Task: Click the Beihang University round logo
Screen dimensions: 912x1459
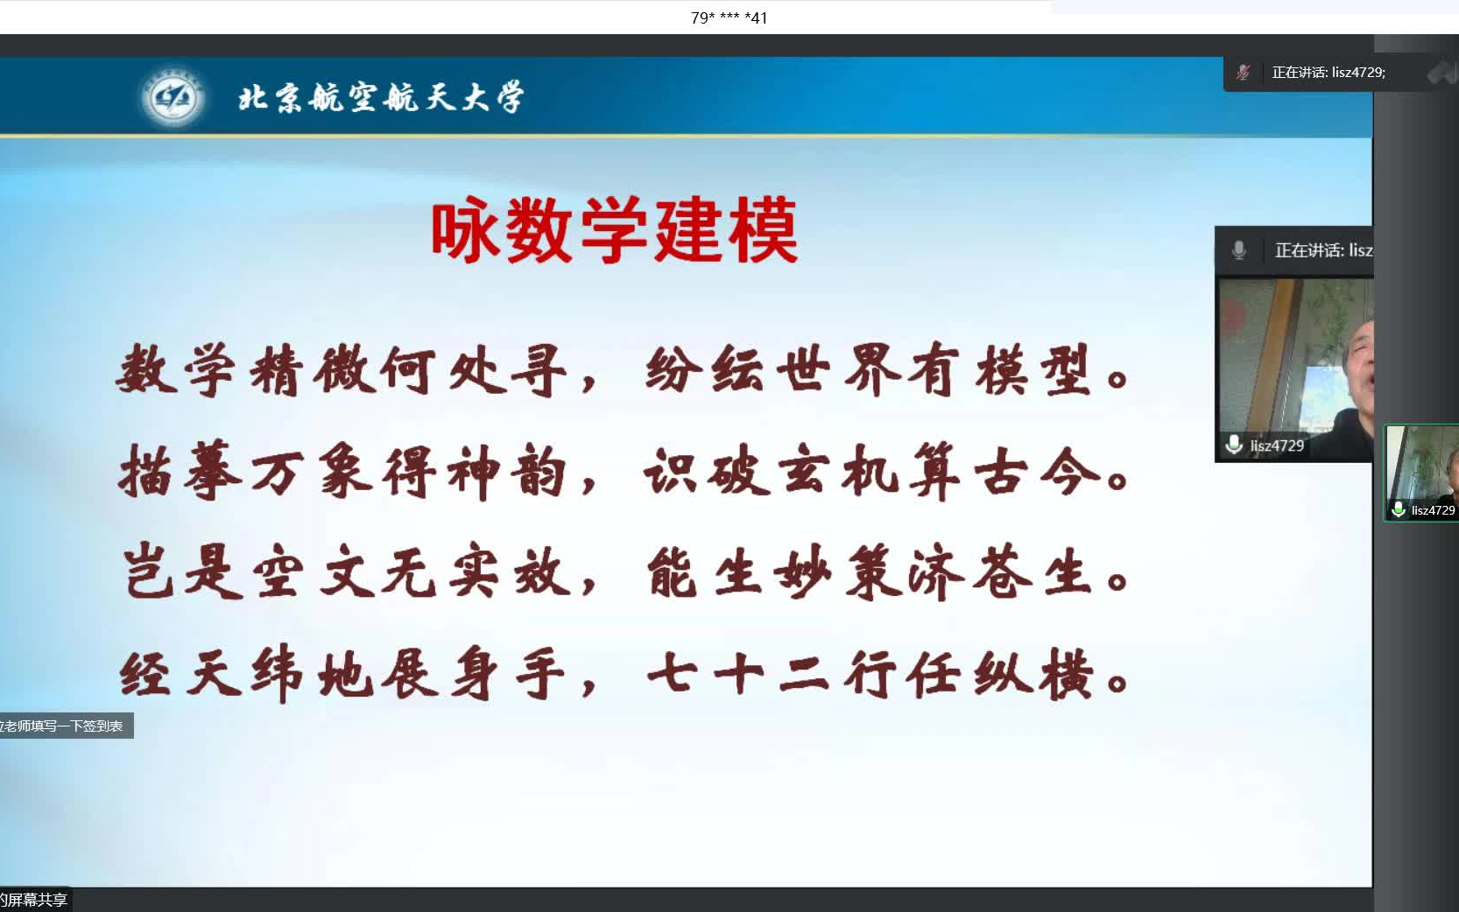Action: click(x=172, y=97)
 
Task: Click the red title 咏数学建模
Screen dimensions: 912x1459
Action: click(x=614, y=231)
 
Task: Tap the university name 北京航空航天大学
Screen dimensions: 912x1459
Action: click(x=381, y=97)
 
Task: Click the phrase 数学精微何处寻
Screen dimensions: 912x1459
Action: click(x=343, y=370)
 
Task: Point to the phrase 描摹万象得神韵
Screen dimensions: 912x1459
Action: click(x=343, y=472)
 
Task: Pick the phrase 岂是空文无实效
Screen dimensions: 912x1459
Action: click(x=343, y=573)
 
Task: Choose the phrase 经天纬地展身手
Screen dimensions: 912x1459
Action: click(x=343, y=675)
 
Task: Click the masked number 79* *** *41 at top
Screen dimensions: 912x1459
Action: click(x=729, y=18)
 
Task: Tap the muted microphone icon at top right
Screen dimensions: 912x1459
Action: click(x=1243, y=73)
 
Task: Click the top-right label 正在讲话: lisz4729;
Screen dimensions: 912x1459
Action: click(x=1329, y=73)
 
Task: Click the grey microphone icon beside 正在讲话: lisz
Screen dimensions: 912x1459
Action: click(x=1238, y=250)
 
